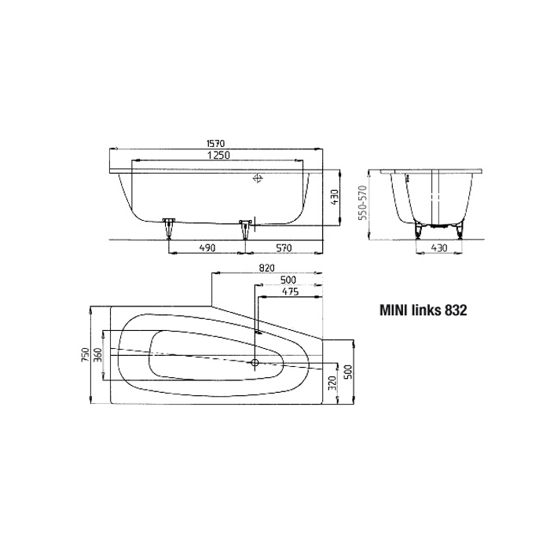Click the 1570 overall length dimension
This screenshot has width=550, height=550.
click(215, 144)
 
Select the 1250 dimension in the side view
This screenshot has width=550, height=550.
click(218, 155)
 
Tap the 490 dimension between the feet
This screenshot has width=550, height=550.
click(207, 248)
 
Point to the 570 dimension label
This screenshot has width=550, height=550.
click(284, 248)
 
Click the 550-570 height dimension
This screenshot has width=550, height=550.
click(363, 203)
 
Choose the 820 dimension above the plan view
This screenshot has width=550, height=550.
click(267, 269)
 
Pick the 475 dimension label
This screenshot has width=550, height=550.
click(291, 291)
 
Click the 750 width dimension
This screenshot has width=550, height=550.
click(86, 355)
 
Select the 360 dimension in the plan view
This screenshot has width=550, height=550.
click(98, 355)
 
